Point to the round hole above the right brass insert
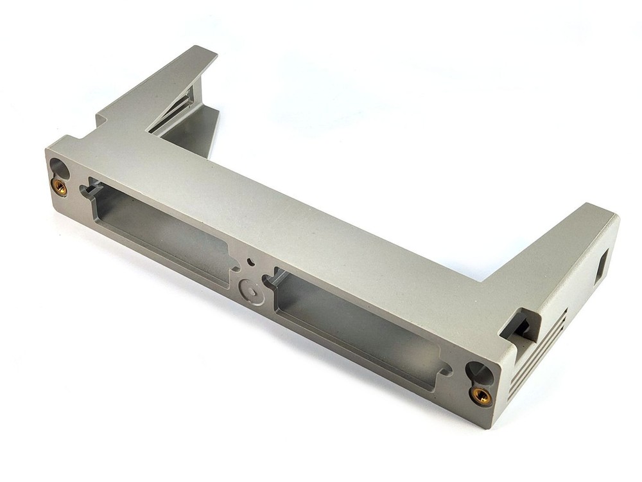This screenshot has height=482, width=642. pyautogui.click(x=478, y=371)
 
